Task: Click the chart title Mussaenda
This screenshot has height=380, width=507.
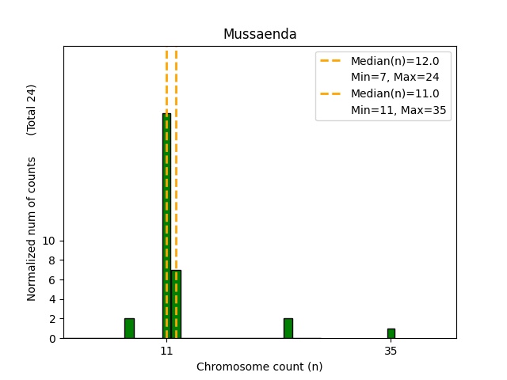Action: [260, 34]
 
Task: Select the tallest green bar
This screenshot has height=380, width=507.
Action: [166, 226]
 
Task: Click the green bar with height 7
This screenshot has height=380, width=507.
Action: [176, 304]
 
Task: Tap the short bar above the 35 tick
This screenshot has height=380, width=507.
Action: [391, 333]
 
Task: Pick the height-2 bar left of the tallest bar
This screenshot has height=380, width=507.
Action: [129, 329]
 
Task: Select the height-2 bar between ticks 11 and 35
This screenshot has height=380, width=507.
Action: [288, 329]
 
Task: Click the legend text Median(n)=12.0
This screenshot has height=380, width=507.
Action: [395, 60]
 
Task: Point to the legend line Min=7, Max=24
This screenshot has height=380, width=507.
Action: [395, 77]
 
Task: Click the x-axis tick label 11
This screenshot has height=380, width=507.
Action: [166, 350]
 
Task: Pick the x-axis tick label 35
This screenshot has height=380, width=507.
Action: [391, 350]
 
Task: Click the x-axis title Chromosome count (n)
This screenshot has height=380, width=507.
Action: [260, 367]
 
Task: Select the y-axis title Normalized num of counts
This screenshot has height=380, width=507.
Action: [32, 229]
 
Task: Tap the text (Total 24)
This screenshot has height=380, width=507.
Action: [32, 109]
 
